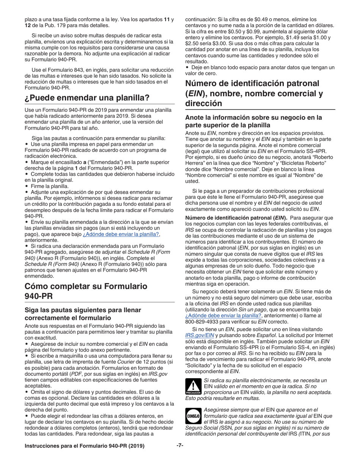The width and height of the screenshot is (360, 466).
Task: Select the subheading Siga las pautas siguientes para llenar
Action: (x=83, y=310)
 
